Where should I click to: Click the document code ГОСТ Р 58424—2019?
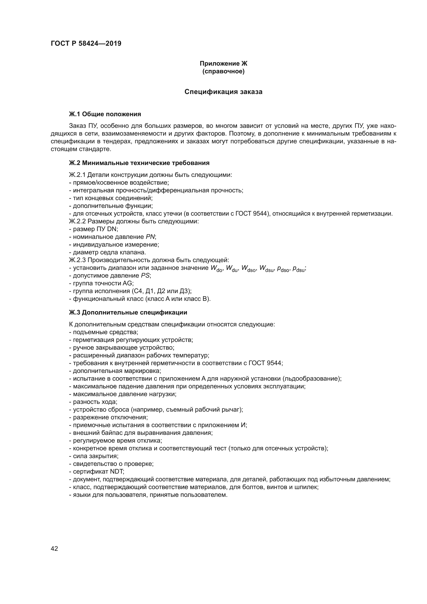point(86,43)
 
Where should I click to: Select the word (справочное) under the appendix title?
point(223,71)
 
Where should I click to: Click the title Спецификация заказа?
point(223,92)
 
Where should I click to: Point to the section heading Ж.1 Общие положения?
point(105,114)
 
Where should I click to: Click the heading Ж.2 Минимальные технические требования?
point(139,163)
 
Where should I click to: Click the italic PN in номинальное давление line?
point(151,237)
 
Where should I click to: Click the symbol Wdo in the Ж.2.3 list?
point(217,268)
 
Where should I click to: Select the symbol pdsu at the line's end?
point(299,269)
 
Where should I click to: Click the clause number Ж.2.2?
point(77,221)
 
